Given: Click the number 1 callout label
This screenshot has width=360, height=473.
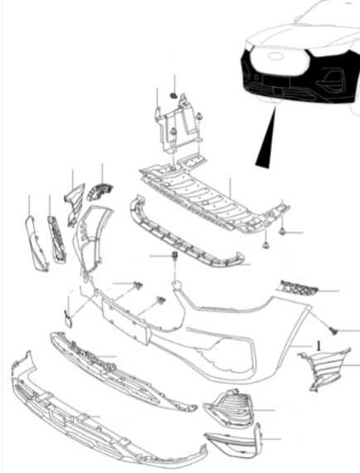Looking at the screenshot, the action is coord(319,346).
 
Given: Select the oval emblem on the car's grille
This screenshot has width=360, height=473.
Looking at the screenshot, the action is coord(275,56).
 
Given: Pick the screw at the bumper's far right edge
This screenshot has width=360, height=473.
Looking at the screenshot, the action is coord(334,332).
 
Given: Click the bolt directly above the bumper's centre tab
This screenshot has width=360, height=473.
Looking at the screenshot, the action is coord(175,256).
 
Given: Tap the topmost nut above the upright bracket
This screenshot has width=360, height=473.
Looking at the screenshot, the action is coord(173,96).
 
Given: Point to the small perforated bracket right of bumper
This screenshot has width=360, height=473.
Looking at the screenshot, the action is coord(297,288).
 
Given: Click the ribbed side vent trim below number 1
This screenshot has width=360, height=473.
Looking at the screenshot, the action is coord(324,369).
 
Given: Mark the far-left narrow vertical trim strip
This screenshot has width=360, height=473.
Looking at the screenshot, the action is coord(36,243).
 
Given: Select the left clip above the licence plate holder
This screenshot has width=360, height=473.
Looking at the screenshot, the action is coord(137,285).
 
